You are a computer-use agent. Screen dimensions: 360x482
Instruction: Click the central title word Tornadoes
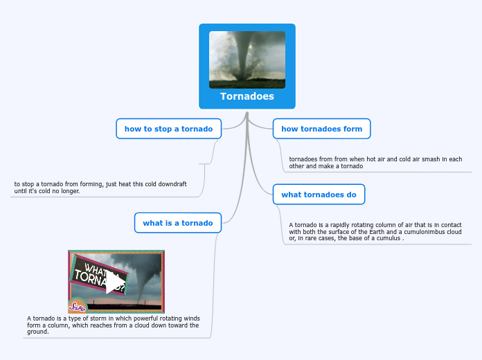tap(247, 96)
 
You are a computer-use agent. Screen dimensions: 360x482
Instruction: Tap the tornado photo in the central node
tap(247, 60)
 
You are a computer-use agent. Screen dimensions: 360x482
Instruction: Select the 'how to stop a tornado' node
tap(168, 129)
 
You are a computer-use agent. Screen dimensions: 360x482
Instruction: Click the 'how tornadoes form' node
tap(321, 129)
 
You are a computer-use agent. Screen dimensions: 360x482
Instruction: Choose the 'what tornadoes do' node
tap(319, 195)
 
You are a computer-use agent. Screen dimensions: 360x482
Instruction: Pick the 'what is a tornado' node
tap(177, 223)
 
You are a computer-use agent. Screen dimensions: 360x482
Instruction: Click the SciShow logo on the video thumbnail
tap(76, 305)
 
